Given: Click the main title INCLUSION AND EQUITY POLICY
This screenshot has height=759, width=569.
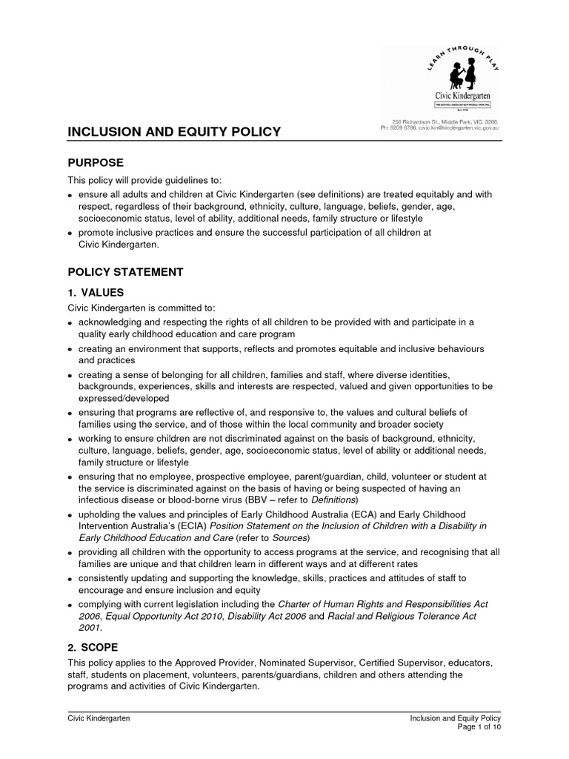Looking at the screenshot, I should (x=174, y=132).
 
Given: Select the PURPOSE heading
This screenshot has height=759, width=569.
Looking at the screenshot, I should (x=96, y=162).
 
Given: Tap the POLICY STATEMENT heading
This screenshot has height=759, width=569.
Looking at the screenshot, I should (x=125, y=272).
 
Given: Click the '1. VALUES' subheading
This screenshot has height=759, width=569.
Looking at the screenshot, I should (x=96, y=293).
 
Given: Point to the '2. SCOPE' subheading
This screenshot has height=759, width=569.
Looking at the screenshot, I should (x=93, y=646).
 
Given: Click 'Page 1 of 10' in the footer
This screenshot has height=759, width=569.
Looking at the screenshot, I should (x=479, y=728).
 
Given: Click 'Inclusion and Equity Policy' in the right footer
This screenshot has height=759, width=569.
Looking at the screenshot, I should (x=456, y=719).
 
